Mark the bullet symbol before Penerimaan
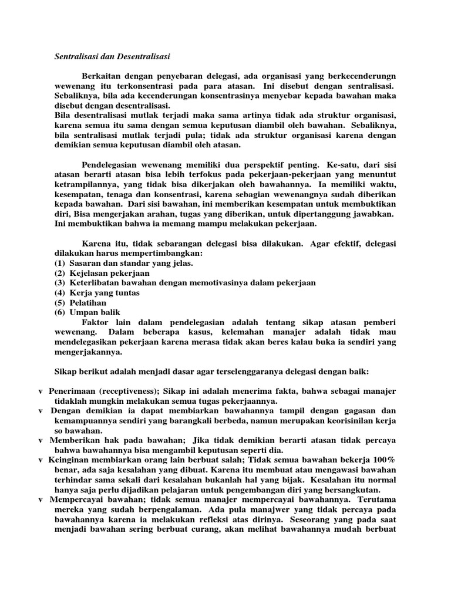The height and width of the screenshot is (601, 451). [x=40, y=391]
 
